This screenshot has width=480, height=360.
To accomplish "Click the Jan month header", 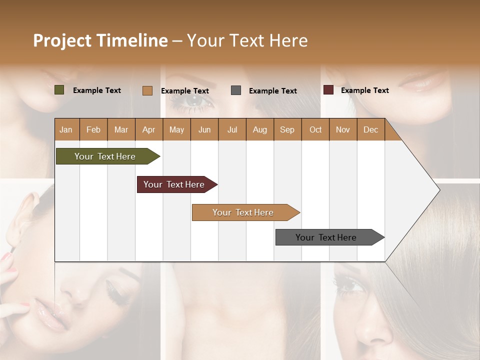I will (x=66, y=129).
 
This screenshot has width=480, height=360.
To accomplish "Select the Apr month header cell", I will (x=148, y=129).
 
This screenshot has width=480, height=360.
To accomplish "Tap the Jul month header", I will (x=232, y=129).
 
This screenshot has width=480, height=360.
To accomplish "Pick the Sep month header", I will (x=287, y=129).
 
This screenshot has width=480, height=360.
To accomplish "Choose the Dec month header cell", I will (x=370, y=129).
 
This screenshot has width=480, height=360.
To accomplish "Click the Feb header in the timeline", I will (x=93, y=129).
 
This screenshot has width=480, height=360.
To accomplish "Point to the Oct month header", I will (x=315, y=129).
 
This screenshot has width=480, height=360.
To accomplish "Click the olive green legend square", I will (x=59, y=90).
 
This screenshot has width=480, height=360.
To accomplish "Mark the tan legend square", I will (x=147, y=90).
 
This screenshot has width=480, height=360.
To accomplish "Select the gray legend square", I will (x=236, y=90).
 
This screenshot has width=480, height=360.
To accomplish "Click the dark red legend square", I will (x=328, y=90).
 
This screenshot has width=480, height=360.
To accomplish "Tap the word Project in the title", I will (x=62, y=40).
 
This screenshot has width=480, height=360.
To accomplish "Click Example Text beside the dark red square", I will (x=364, y=90).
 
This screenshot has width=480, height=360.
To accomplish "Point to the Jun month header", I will (x=204, y=129).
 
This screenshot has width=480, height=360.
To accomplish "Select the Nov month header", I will (x=343, y=129).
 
